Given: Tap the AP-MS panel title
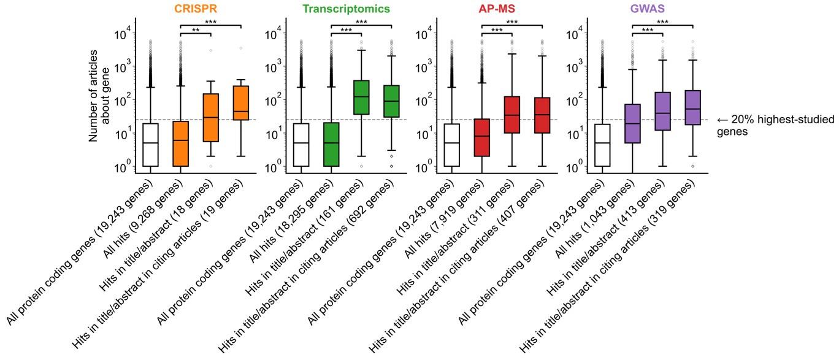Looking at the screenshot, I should (x=497, y=9).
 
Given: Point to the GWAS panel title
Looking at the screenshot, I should (x=647, y=9).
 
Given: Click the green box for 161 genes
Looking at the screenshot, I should (x=361, y=97).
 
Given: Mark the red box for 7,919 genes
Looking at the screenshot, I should (x=481, y=137).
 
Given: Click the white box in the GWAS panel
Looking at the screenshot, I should (x=602, y=145).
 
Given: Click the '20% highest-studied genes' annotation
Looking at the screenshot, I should (x=775, y=125).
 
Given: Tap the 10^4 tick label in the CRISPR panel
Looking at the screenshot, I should (x=123, y=34).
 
